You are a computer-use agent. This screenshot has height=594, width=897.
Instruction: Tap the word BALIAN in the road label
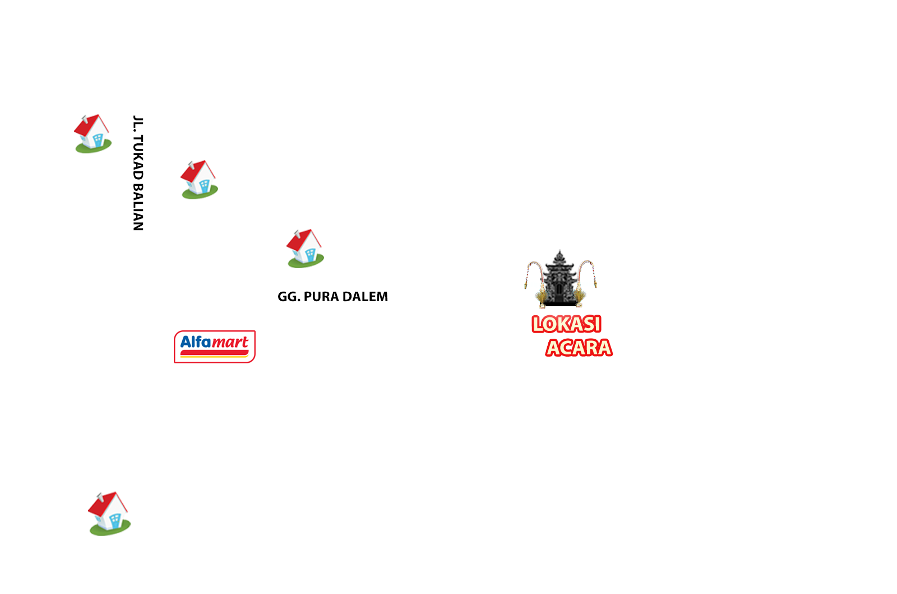coord(138,207)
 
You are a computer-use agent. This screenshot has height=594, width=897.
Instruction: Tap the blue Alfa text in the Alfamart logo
coord(196,342)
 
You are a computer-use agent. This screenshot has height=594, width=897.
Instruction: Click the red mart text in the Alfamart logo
coord(230,343)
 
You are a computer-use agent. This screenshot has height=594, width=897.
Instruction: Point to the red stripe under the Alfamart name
coord(214,352)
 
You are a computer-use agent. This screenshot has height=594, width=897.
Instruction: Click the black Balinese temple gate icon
coord(560,279)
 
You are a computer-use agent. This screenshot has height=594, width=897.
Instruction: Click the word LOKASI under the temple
coord(566,324)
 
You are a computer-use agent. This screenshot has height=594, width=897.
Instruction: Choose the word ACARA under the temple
coord(579,348)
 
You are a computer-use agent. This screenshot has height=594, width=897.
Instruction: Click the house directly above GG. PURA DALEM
coord(305,249)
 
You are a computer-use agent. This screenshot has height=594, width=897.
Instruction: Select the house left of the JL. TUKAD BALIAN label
coord(93,134)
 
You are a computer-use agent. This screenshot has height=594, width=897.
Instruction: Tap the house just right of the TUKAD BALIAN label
coord(199,180)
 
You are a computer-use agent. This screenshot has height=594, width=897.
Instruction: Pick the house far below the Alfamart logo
coord(109,513)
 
